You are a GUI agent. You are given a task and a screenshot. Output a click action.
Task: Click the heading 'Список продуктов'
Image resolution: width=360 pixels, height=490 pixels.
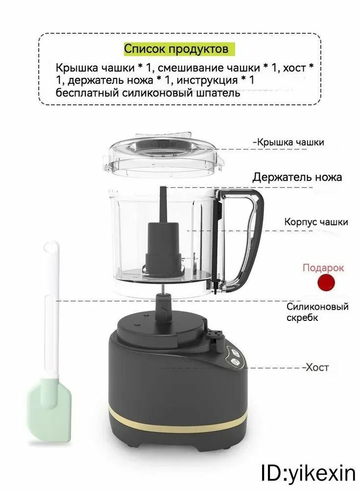(176, 49)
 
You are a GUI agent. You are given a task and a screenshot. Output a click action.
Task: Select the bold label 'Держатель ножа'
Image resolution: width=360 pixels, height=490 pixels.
(297, 177)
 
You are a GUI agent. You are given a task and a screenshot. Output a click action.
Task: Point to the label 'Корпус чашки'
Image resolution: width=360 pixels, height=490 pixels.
(316, 222)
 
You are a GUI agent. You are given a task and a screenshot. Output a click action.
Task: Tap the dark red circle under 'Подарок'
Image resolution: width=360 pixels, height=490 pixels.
(326, 283)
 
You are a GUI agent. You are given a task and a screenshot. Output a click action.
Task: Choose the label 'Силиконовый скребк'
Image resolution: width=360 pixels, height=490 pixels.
(317, 312)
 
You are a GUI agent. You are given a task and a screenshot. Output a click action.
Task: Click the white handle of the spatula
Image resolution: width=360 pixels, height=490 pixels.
(51, 309)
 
